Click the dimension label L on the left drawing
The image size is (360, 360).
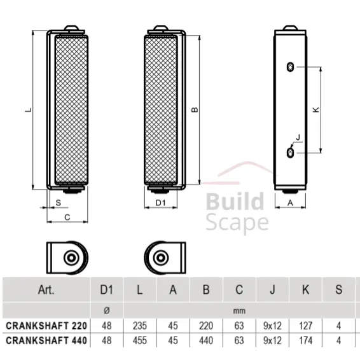[x=27, y=109]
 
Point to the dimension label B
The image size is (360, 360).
[x=195, y=109]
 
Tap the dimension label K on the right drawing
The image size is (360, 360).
[x=316, y=109]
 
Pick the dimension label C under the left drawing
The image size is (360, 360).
[x=67, y=218]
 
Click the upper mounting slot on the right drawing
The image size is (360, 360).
[x=291, y=67]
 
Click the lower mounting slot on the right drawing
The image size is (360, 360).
[x=291, y=153]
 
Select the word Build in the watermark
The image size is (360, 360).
[x=234, y=203]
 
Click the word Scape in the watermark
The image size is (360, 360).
[x=237, y=223]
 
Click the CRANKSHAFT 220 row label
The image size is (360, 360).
[x=46, y=325]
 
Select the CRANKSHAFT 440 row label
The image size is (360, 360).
[x=46, y=340]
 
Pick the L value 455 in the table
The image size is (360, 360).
[x=139, y=340]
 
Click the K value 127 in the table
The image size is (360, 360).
[x=306, y=325]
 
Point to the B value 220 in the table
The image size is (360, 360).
[x=205, y=325]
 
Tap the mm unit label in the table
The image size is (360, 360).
[x=239, y=310]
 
